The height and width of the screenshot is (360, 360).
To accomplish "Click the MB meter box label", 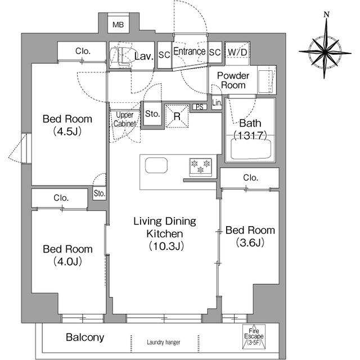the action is pyautogui.click(x=118, y=25).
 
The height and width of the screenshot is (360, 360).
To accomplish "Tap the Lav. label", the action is pyautogui.click(x=144, y=56).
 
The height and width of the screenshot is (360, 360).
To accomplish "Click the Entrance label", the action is pyautogui.click(x=189, y=51).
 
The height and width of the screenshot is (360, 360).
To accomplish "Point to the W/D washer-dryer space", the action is pyautogui.click(x=237, y=53).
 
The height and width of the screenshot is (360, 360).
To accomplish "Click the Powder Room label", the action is pyautogui.click(x=233, y=80).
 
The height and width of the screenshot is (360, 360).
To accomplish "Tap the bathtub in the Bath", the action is pyautogui.click(x=250, y=149).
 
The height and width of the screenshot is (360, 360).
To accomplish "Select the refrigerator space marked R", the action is pyautogui.click(x=177, y=116).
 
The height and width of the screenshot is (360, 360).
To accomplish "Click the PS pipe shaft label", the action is pyautogui.click(x=200, y=107).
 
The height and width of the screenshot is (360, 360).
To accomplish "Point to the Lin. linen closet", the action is pyautogui.click(x=217, y=102).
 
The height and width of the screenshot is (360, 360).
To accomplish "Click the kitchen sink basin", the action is pyautogui.click(x=156, y=165).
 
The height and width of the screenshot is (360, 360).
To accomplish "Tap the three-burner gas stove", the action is pyautogui.click(x=201, y=168).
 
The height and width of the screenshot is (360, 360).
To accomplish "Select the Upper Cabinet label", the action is pyautogui.click(x=125, y=119).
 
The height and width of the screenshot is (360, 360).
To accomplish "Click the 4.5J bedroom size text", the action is pyautogui.click(x=67, y=132).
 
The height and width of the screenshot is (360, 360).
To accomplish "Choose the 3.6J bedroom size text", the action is pyautogui.click(x=250, y=242).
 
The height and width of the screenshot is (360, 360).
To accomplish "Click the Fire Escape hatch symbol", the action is pyautogui.click(x=254, y=336).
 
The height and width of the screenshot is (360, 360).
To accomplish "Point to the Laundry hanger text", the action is pyautogui.click(x=164, y=343).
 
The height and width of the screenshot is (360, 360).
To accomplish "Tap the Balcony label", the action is pyautogui.click(x=85, y=337).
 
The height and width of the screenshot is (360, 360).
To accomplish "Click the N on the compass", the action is pyautogui.click(x=326, y=15).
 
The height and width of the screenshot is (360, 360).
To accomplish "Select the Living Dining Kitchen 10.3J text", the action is pyautogui.click(x=165, y=233).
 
